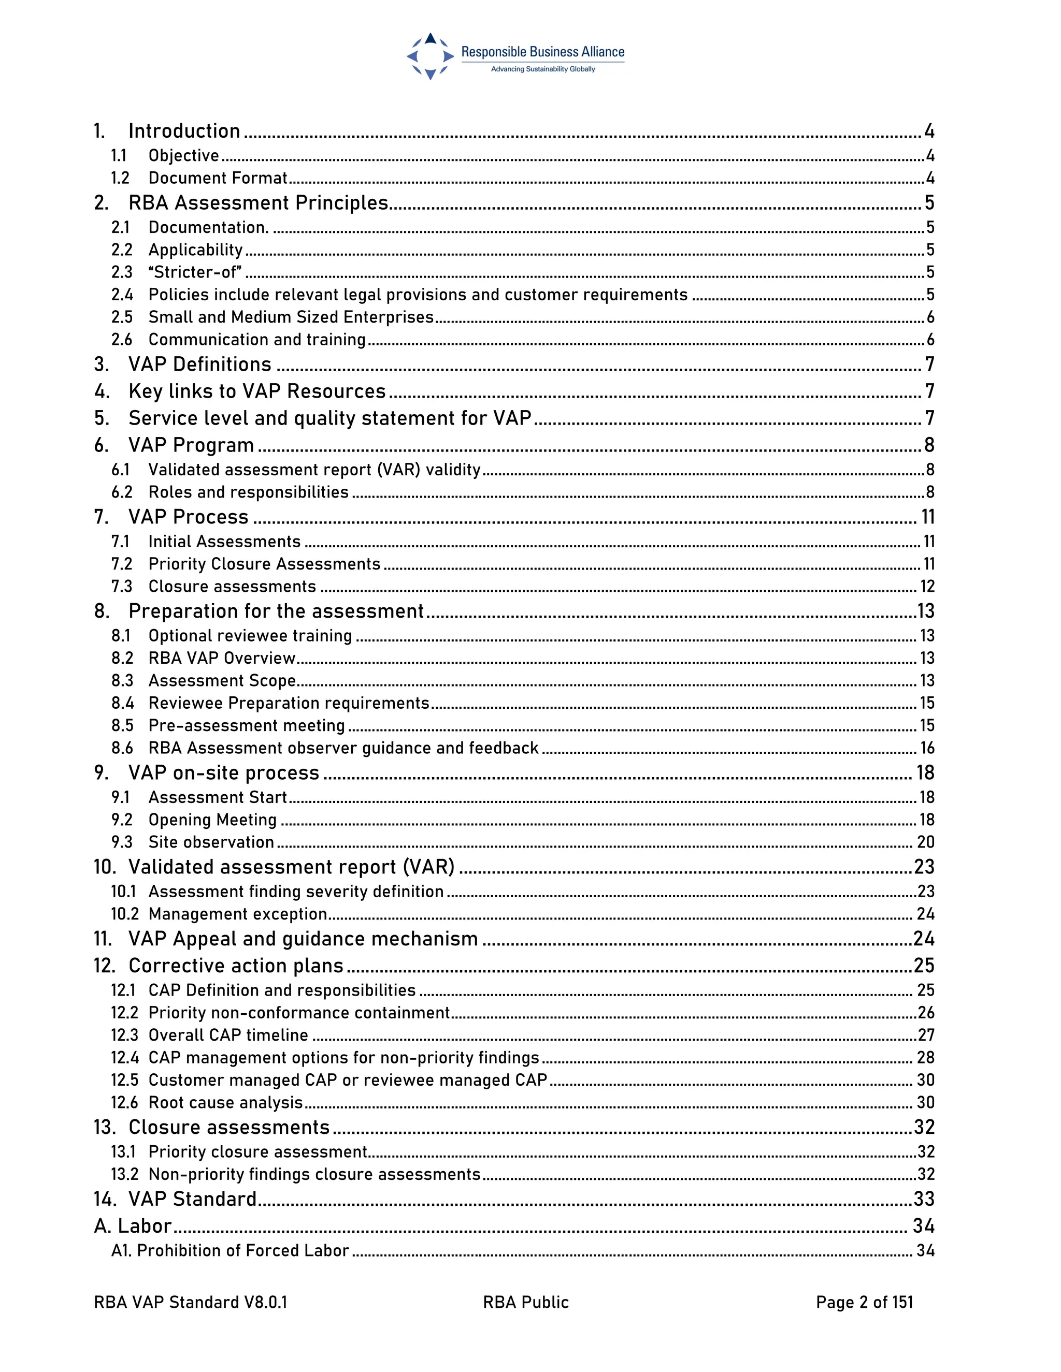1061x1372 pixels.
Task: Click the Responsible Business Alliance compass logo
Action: coord(430,56)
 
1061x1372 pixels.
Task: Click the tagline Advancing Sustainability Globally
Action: coord(542,69)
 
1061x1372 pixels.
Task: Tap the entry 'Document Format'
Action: coord(218,179)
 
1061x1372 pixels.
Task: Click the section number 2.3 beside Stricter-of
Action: coord(122,272)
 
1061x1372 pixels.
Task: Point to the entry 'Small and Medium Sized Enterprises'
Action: coord(291,317)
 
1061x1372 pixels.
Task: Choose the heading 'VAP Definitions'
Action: coord(200,364)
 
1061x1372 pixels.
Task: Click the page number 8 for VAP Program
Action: coord(929,445)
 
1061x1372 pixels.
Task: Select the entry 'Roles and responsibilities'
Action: coord(248,492)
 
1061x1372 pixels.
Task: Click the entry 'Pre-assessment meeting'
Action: coord(247,725)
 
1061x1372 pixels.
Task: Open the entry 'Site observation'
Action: coord(211,842)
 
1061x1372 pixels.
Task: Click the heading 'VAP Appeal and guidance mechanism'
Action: coord(303,939)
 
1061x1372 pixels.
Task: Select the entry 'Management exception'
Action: coord(238,914)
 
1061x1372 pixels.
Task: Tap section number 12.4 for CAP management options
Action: coord(124,1058)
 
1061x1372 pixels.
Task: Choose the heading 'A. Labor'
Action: coord(133,1225)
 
